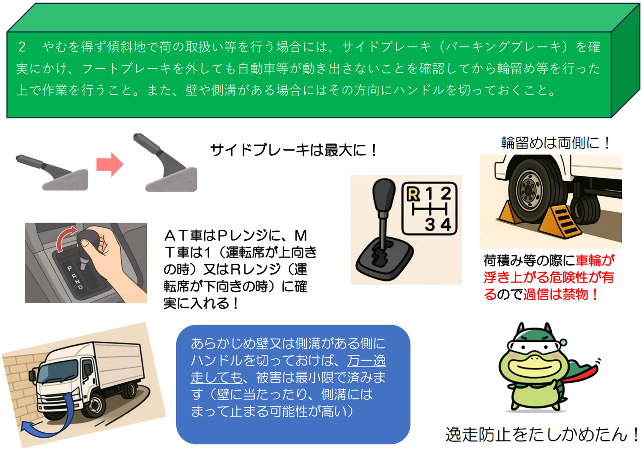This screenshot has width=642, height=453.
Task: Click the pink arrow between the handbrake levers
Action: (110, 164)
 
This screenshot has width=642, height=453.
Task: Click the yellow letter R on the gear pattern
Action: (413, 194)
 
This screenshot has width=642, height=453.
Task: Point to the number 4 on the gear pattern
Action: (446, 224)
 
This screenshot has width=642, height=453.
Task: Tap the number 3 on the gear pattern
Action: (430, 224)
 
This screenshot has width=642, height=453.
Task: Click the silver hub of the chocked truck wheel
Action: (529, 190)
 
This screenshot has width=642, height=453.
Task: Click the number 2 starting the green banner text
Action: (22, 47)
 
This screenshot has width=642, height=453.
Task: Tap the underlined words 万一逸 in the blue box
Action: (366, 361)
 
